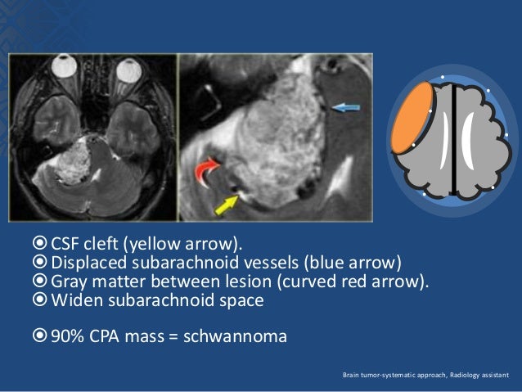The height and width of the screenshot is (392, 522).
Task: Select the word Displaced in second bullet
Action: coord(89,263)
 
